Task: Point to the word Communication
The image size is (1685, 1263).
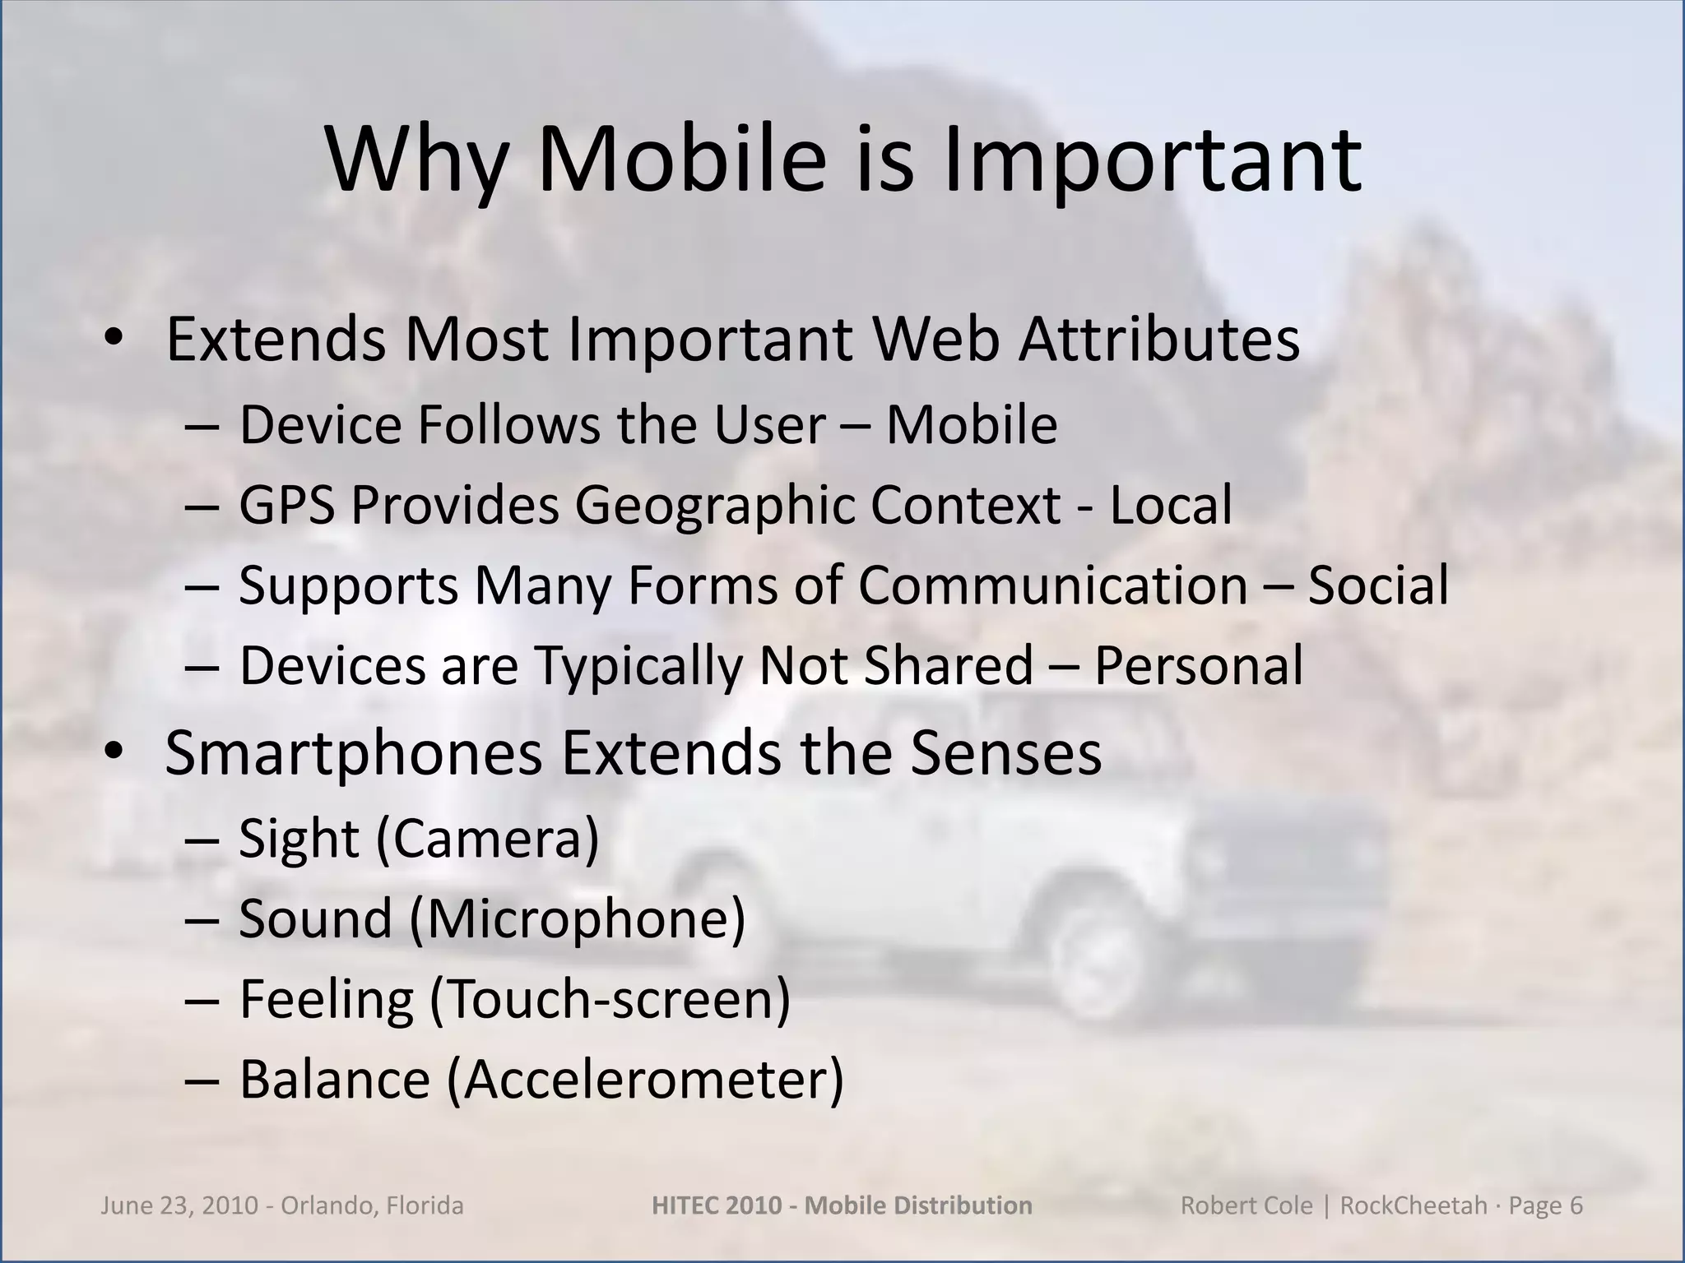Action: (x=1053, y=585)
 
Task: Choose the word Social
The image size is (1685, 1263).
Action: (x=1378, y=585)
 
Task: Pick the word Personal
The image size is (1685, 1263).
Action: (x=1199, y=665)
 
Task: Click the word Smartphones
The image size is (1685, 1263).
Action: (x=354, y=753)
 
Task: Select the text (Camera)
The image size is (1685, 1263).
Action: (x=488, y=840)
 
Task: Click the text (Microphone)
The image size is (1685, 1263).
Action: (x=578, y=919)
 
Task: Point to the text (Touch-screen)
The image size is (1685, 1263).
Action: (x=610, y=1000)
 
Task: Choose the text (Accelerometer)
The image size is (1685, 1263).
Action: (x=645, y=1080)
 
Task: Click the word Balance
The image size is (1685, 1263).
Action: (x=335, y=1080)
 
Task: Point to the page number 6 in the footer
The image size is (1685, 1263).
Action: (x=1576, y=1205)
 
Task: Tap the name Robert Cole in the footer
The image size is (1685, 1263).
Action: (x=1235, y=1205)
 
